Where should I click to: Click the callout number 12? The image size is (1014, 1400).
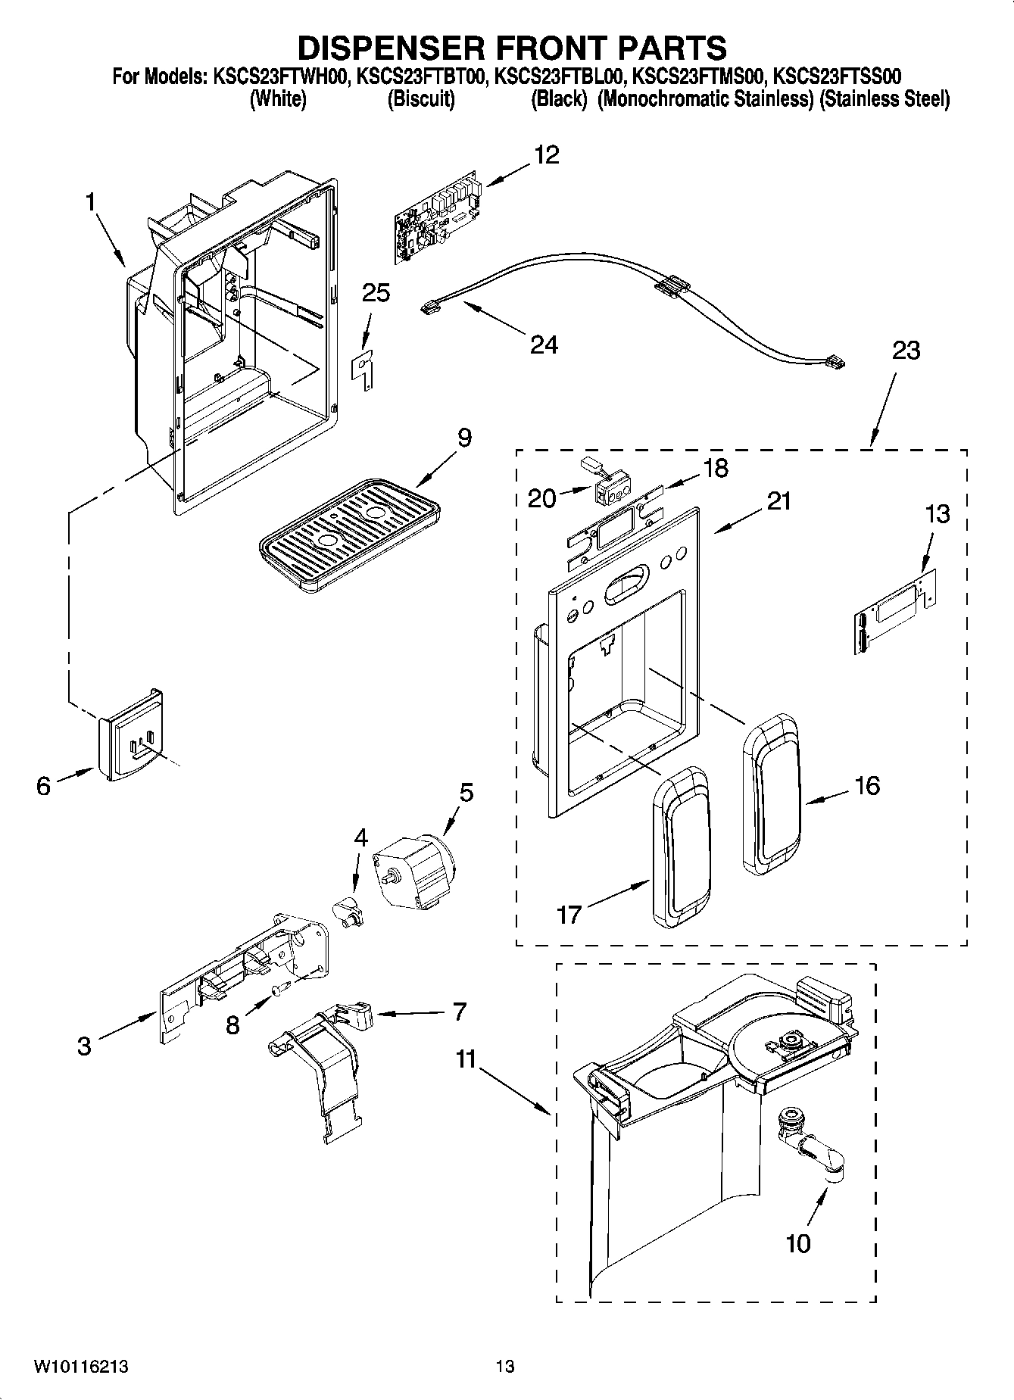[x=546, y=154]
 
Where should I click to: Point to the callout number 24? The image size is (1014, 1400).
[x=544, y=345]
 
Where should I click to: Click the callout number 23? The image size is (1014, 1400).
[x=906, y=351]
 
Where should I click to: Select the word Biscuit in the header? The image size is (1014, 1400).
[x=421, y=100]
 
